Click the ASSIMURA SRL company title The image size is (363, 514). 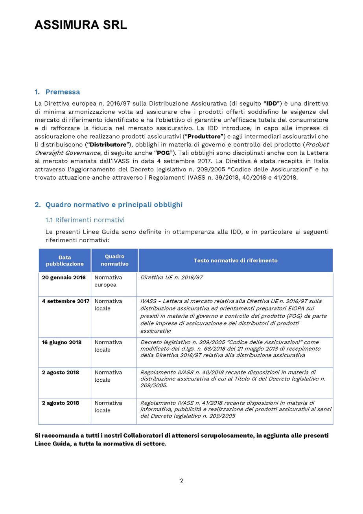pyautogui.click(x=81, y=25)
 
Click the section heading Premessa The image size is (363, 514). pyautogui.click(x=63, y=92)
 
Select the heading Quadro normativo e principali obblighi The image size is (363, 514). pyautogui.click(x=114, y=205)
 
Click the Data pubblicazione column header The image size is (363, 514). pyautogui.click(x=64, y=260)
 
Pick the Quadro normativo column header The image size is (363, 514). pyautogui.click(x=114, y=260)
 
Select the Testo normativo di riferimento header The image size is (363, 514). pyautogui.click(x=235, y=260)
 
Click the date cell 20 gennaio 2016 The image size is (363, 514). pyautogui.click(x=64, y=278)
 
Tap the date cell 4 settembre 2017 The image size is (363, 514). pyautogui.click(x=66, y=301)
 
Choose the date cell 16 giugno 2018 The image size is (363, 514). pyautogui.click(x=62, y=342)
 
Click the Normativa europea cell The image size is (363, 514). pyautogui.click(x=108, y=281)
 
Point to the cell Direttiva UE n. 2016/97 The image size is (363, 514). pyautogui.click(x=171, y=278)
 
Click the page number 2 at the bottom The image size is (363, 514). pyautogui.click(x=181, y=481)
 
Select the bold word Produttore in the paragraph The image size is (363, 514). pyautogui.click(x=206, y=136)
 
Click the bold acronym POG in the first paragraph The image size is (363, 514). pyautogui.click(x=163, y=153)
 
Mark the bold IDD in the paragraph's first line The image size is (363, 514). pyautogui.click(x=272, y=104)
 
